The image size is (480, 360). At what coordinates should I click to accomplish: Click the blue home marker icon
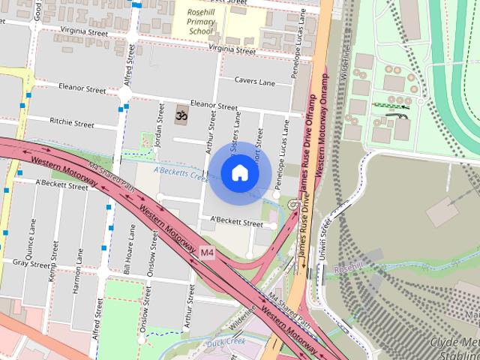(x=239, y=173)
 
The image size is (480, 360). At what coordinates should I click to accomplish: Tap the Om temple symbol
(x=180, y=115)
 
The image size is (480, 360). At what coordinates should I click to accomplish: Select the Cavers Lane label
(x=256, y=79)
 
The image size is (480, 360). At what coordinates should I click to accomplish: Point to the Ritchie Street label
(x=71, y=122)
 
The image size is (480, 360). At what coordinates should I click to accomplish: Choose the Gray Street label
(x=31, y=264)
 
